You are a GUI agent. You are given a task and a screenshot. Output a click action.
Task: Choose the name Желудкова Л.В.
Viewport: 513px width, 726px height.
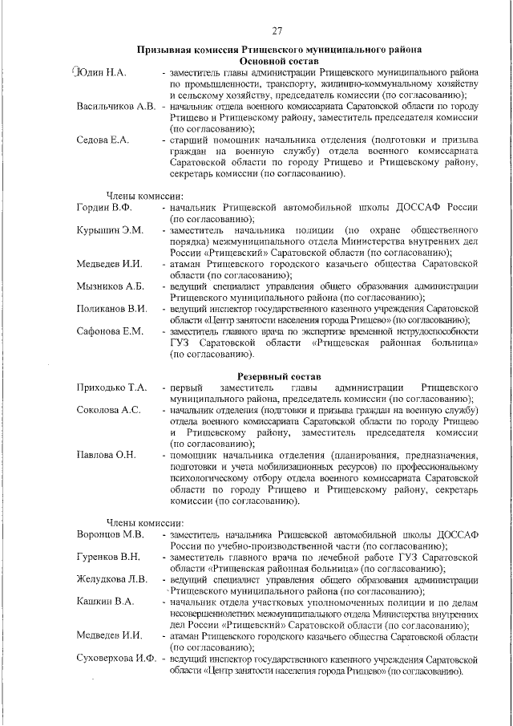coord(112,579)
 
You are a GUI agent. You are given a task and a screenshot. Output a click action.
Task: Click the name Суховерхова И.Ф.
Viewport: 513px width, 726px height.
coord(116,658)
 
